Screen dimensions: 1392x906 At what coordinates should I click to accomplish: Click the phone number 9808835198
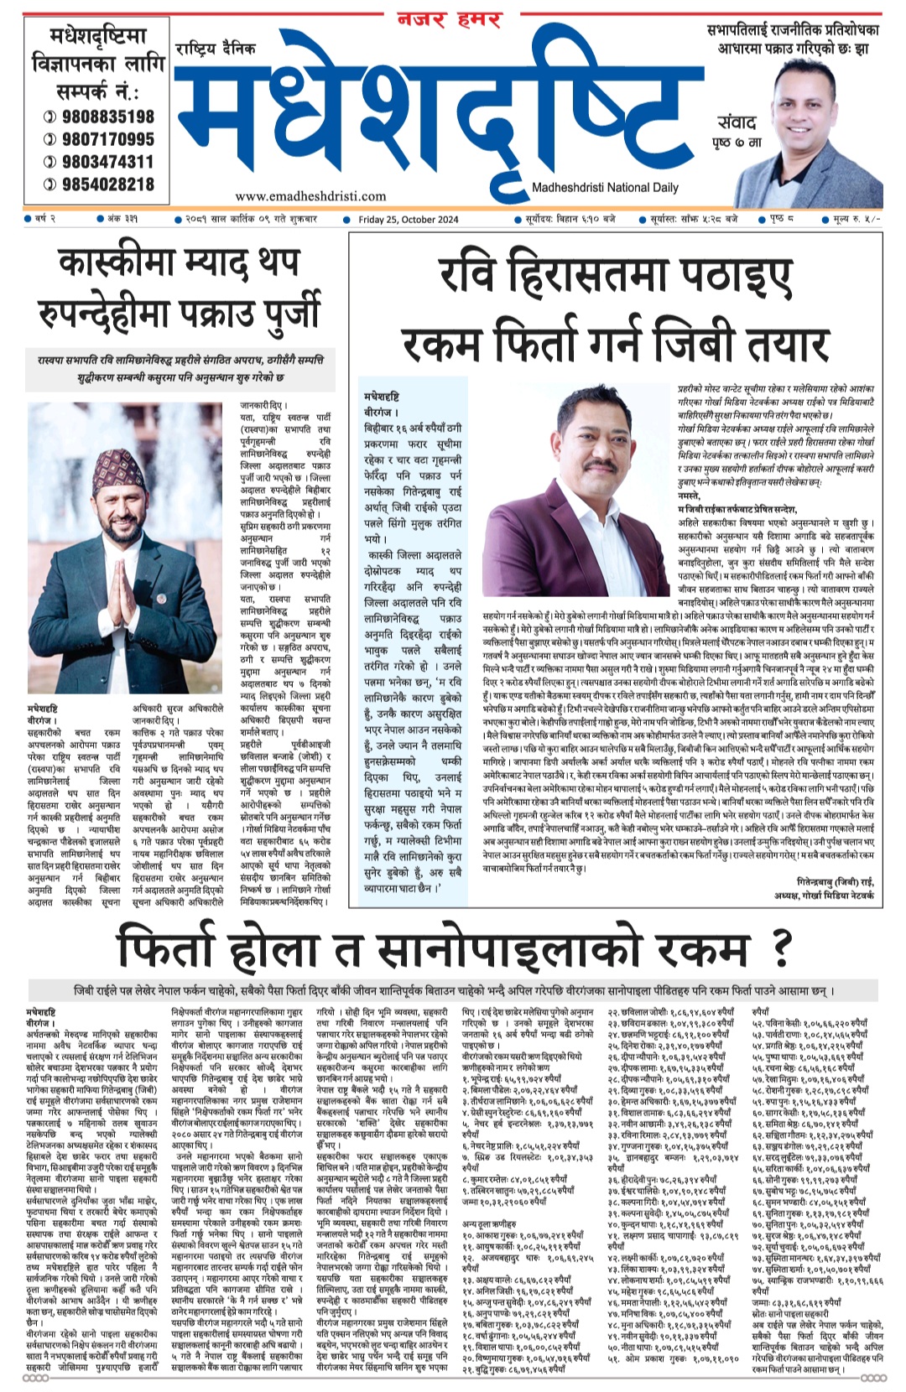(107, 117)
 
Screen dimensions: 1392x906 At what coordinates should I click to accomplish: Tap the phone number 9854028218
(107, 184)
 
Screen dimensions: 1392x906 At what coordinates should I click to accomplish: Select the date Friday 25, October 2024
(409, 220)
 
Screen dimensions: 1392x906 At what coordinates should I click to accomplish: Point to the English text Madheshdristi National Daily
(605, 188)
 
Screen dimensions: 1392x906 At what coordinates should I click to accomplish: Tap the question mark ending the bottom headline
(782, 947)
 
